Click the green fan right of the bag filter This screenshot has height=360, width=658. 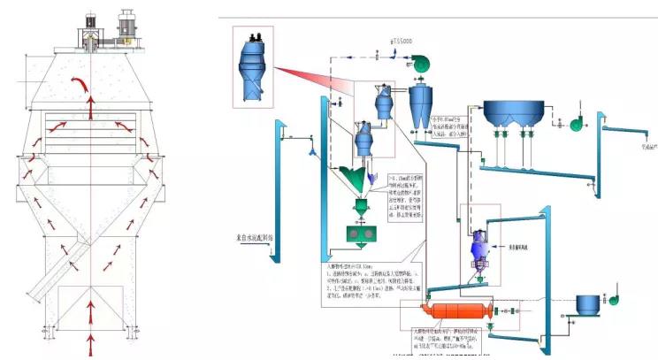(x=577, y=123)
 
